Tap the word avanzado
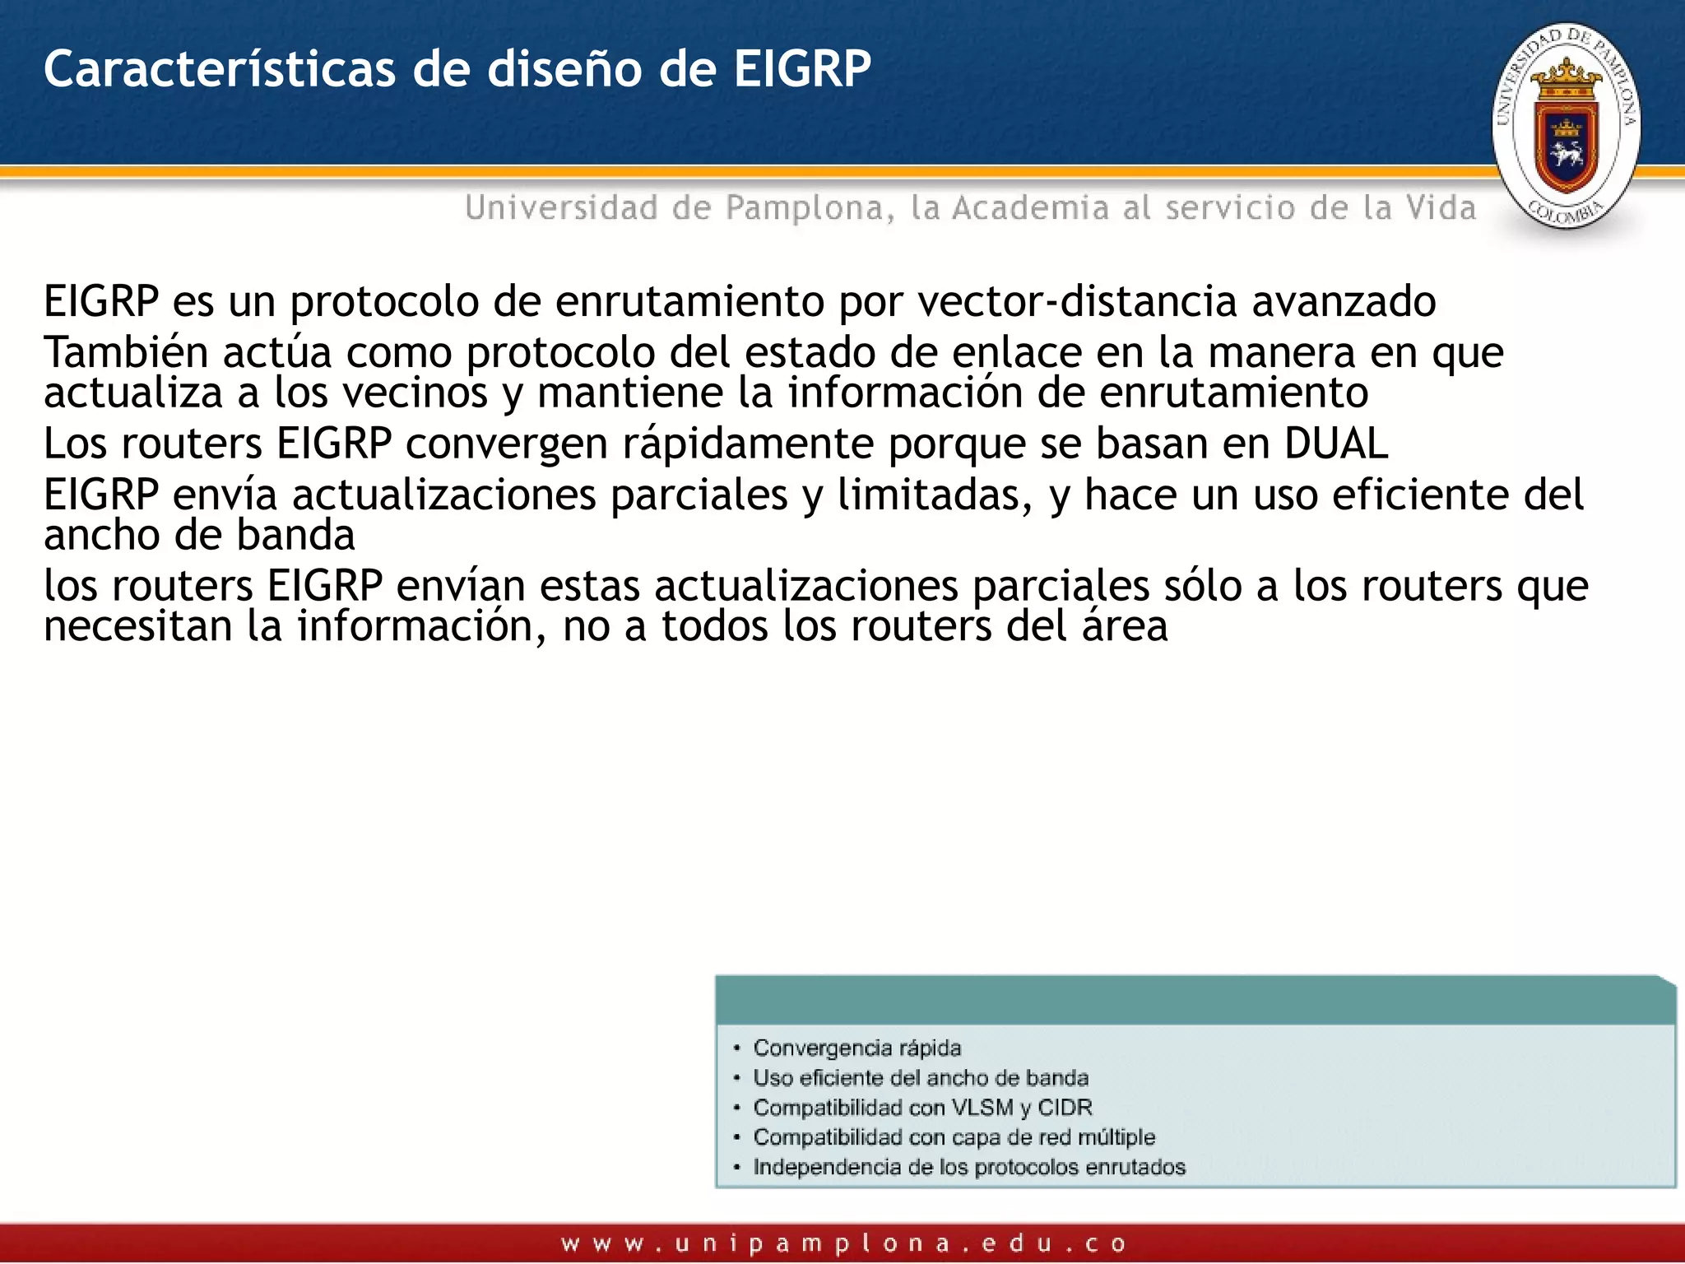(1344, 301)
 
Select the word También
(126, 352)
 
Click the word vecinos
(415, 393)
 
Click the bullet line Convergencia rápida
(856, 1048)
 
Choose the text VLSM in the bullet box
(982, 1108)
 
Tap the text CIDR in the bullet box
(1065, 1108)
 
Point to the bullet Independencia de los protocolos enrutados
(968, 1167)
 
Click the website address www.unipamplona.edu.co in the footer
(843, 1243)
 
